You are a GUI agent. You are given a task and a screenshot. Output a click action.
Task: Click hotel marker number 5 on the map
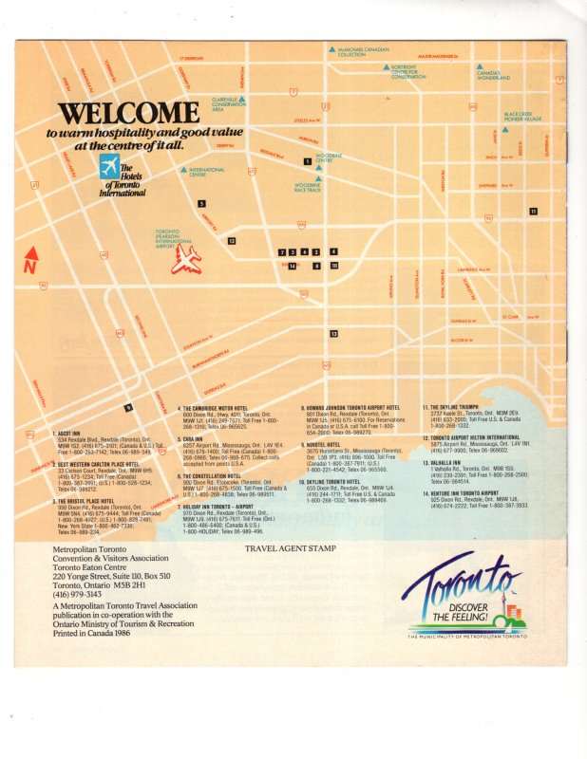click(x=201, y=203)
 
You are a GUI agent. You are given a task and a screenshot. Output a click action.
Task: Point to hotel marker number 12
click(x=231, y=241)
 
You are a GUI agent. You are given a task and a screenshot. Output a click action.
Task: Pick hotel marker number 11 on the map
click(x=534, y=211)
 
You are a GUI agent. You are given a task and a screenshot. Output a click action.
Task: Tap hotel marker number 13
click(x=333, y=334)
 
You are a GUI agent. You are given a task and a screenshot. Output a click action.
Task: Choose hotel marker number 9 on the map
click(x=127, y=408)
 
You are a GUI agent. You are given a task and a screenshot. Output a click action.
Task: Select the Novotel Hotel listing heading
click(x=330, y=444)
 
